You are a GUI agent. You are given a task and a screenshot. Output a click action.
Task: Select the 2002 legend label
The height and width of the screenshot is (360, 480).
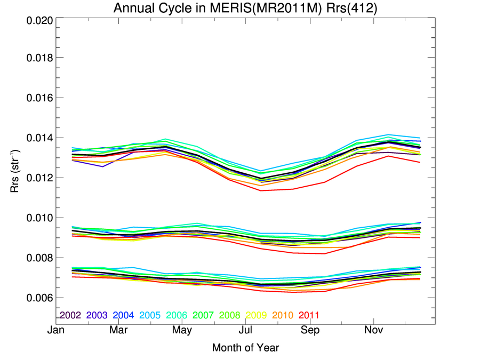click(x=70, y=315)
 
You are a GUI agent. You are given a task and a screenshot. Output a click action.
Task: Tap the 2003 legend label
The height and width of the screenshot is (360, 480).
click(x=97, y=315)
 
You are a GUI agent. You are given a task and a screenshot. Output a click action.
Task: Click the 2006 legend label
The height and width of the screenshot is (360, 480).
click(x=177, y=315)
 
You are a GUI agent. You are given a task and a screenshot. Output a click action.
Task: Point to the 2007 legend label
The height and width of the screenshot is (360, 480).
click(x=203, y=315)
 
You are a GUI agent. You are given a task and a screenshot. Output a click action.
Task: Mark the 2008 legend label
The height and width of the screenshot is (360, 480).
click(x=230, y=315)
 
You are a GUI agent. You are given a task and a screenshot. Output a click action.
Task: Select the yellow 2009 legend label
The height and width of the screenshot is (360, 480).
click(x=256, y=315)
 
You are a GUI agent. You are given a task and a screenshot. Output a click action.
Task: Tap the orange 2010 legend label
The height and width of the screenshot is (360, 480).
click(x=283, y=315)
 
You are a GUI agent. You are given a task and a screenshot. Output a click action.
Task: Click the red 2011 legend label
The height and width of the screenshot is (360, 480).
click(x=309, y=315)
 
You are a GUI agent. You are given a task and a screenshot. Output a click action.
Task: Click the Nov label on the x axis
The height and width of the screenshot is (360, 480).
click(x=373, y=331)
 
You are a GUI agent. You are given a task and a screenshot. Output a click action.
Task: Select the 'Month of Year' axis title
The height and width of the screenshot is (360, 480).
click(x=245, y=348)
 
